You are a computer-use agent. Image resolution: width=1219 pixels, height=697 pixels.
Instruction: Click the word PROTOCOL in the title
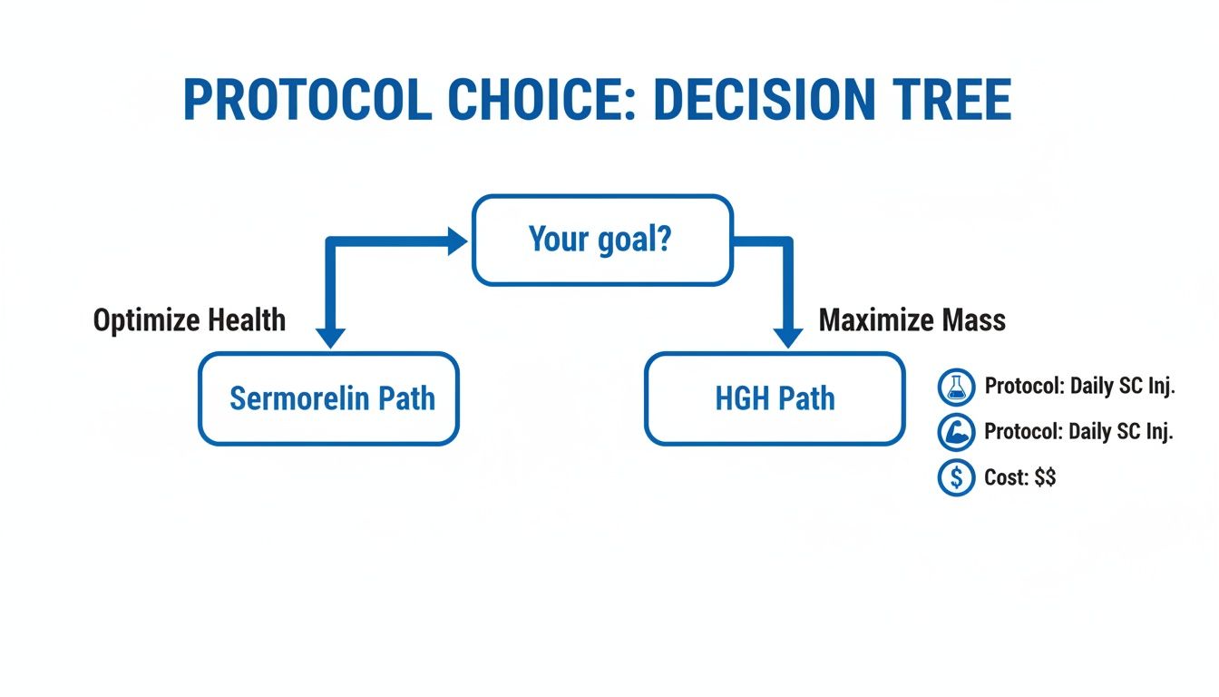point(307,100)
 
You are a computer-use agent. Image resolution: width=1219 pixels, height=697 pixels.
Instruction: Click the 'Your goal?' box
point(601,241)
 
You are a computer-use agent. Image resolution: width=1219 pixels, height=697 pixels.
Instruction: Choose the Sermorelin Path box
point(328,398)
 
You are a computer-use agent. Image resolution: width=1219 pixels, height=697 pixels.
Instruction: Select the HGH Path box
point(775,398)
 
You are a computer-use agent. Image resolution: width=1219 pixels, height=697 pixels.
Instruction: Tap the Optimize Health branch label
point(189,320)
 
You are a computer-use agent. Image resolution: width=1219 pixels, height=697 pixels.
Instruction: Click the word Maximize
point(875,320)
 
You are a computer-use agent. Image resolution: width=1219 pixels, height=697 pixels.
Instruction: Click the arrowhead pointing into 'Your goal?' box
point(455,241)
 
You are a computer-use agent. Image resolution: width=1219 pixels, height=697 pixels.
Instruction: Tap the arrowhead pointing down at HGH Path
point(787,337)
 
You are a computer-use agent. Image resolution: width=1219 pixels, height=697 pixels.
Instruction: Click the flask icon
point(955,388)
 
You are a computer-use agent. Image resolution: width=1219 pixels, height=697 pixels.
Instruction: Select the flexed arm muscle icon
point(955,433)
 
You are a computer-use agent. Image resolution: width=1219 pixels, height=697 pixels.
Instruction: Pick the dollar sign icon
point(955,477)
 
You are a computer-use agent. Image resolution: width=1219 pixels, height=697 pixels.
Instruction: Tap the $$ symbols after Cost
point(1045,477)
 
